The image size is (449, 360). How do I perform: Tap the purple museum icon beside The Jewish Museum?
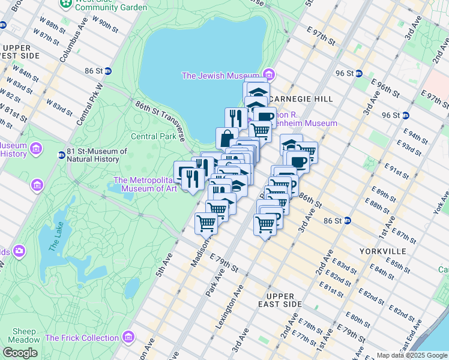[x=269, y=75]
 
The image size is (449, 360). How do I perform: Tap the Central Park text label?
[x=154, y=136]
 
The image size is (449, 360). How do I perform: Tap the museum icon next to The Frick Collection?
[x=128, y=337]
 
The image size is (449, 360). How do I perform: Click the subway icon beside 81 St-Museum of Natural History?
[x=61, y=155]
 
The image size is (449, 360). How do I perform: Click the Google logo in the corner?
[x=20, y=353]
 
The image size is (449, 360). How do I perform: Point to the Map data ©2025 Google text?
[x=411, y=355]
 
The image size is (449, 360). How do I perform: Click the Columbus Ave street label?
[x=73, y=40]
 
